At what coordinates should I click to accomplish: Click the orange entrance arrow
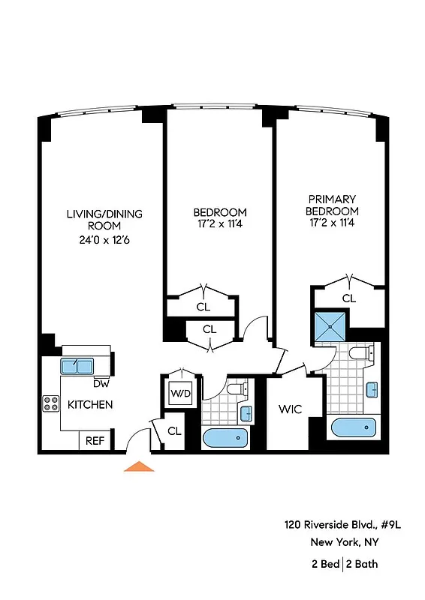point(138,466)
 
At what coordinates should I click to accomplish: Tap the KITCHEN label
point(90,405)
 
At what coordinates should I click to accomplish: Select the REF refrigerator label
point(94,442)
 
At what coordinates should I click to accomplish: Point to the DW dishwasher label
point(101,384)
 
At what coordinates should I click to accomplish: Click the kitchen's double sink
point(77,366)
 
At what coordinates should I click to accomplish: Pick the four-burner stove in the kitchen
point(51,404)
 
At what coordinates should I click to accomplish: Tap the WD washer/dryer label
point(180,393)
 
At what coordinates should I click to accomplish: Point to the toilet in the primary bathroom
point(359,353)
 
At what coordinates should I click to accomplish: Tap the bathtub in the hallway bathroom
point(223,439)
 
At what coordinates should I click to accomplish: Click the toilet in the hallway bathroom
point(236,390)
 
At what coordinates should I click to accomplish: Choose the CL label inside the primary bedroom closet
point(348,298)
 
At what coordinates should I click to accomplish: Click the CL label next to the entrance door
point(174,431)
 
